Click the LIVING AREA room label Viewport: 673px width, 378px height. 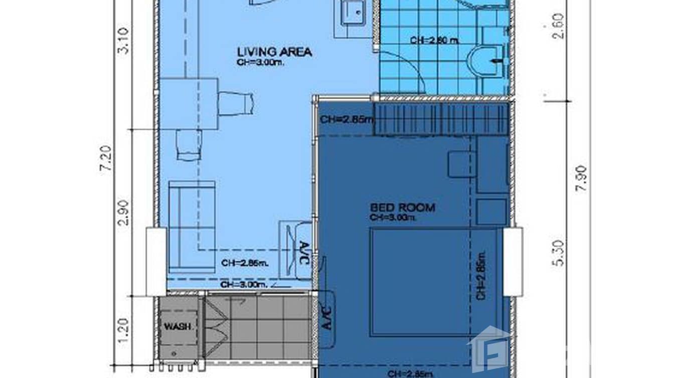[274, 52]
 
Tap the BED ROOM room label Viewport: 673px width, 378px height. [402, 207]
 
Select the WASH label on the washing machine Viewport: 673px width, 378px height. [178, 326]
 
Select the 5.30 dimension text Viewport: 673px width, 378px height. [560, 253]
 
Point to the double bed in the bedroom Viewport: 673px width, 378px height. [421, 282]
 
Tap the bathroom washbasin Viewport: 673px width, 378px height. [485, 61]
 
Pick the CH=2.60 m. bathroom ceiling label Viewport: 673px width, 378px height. [434, 40]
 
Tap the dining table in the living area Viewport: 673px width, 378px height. [190, 104]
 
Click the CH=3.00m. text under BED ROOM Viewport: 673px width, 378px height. [394, 217]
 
